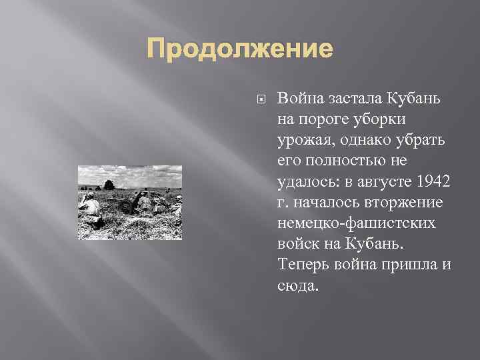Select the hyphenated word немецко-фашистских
click(x=357, y=223)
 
